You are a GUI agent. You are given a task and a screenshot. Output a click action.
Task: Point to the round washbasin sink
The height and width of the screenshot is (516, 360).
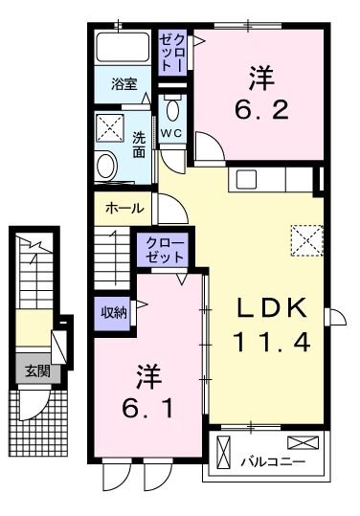click(x=105, y=166)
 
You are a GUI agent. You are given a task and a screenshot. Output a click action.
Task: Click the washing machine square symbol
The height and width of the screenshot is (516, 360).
click(x=110, y=126)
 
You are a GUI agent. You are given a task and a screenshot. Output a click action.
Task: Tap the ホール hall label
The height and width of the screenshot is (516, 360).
click(x=124, y=208)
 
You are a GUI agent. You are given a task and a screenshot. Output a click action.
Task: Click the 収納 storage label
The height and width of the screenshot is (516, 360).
click(x=113, y=312)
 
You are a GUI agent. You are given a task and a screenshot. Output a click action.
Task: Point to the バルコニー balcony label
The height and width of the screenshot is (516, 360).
click(x=272, y=462)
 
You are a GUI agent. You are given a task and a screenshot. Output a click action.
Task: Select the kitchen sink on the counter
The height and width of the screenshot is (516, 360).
click(x=246, y=179)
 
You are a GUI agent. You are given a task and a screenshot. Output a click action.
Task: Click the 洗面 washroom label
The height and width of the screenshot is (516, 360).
click(x=138, y=144)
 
